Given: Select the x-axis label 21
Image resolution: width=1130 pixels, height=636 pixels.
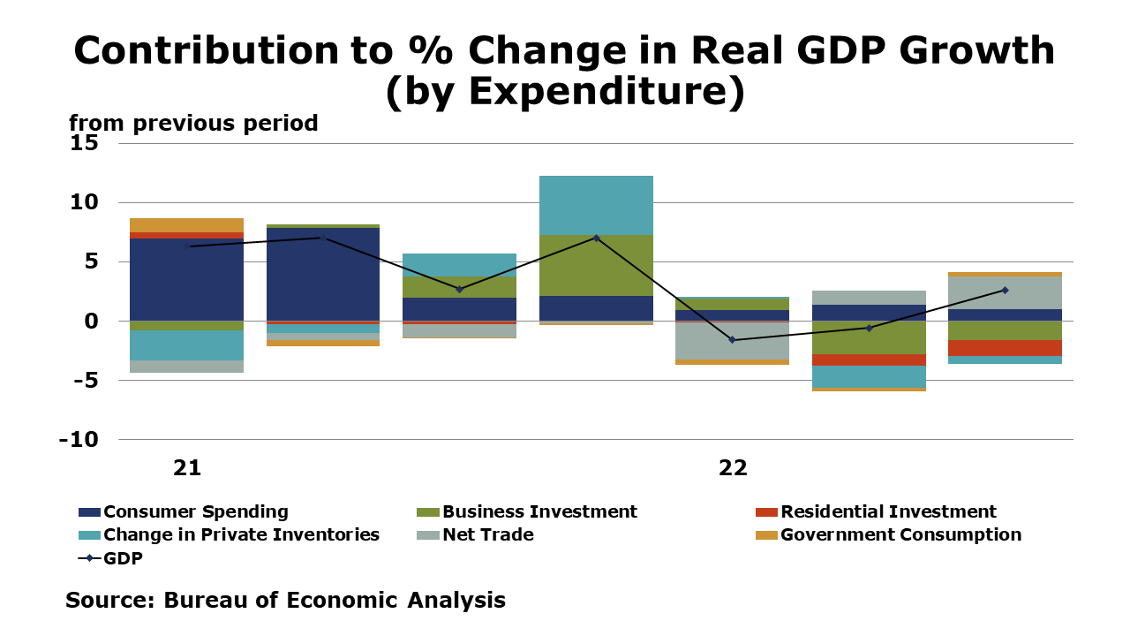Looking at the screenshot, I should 186,468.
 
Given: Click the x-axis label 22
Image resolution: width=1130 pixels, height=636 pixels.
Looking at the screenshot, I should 732,468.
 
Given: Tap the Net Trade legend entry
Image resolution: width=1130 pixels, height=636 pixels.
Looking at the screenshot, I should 487,534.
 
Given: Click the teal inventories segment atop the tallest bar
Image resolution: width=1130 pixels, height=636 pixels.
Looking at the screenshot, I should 596,205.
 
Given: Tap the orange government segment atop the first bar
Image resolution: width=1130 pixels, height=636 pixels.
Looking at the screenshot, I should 186,225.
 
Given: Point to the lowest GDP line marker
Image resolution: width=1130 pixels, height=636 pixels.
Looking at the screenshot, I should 732,340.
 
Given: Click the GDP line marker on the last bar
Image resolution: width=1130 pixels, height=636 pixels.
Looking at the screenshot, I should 1005,290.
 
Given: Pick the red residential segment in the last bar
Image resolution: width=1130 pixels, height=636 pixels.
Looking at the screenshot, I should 1005,348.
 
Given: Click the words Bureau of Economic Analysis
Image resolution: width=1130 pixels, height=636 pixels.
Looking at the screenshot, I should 335,601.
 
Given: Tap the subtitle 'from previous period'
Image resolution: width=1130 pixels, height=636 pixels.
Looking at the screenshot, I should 193,124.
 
